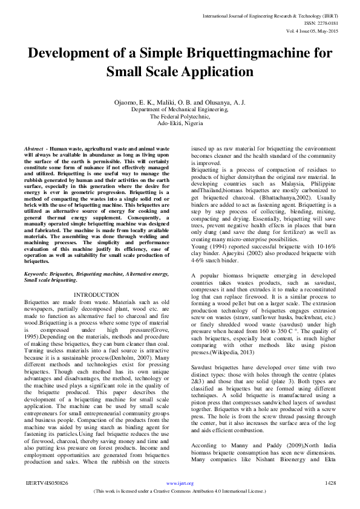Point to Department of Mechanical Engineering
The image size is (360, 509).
pyautogui.click(x=180, y=110)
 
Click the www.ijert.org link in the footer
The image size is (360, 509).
pyautogui.click(x=180, y=484)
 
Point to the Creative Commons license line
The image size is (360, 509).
pyautogui.click(x=180, y=492)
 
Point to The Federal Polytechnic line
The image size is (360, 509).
pyautogui.click(x=180, y=117)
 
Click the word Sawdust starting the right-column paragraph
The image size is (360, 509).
pyautogui.click(x=203, y=351)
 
